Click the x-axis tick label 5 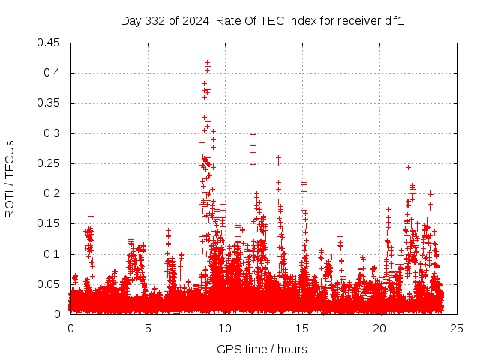(148, 328)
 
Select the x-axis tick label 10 (225, 328)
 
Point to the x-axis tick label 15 (302, 328)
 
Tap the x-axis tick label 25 (457, 328)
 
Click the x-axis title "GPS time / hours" (262, 349)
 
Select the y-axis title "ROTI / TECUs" (10, 178)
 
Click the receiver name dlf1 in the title (394, 21)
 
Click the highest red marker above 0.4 (207, 62)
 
